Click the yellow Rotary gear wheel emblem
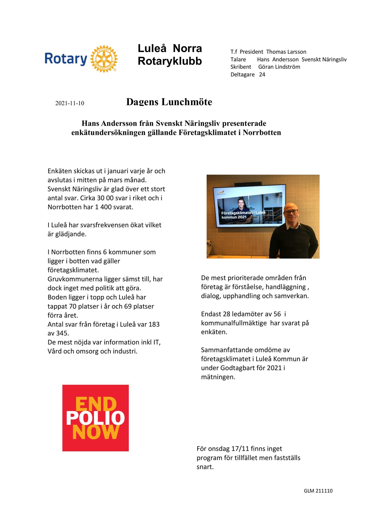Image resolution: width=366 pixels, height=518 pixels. [104, 59]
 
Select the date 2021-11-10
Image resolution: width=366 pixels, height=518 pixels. [70, 103]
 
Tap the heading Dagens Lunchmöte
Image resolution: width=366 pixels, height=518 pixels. [169, 102]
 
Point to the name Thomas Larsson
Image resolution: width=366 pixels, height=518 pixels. [286, 52]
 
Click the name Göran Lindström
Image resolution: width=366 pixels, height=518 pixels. [279, 67]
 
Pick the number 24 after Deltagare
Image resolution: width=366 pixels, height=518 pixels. [262, 75]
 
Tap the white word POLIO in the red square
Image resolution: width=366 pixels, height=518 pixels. [95, 418]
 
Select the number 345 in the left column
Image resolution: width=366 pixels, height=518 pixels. [63, 334]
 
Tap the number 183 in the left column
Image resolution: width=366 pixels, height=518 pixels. [154, 324]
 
